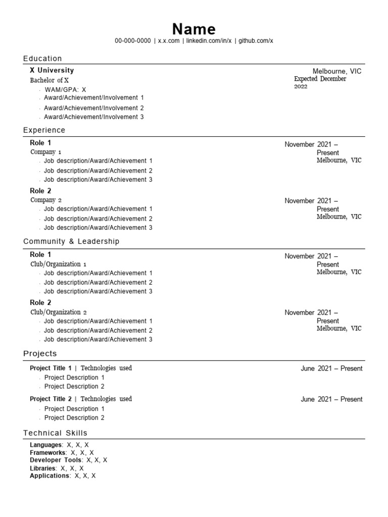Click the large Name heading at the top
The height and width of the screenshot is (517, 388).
[x=194, y=29]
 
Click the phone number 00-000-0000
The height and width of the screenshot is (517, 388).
[x=132, y=41]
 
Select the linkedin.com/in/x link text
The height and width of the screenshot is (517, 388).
[x=209, y=41]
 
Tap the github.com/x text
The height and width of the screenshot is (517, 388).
[x=256, y=41]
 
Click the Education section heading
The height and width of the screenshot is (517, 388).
[x=42, y=59]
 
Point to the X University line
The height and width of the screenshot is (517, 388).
[x=52, y=71]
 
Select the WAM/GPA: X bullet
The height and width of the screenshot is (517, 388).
[x=65, y=89]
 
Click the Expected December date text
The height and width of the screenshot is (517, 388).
[x=320, y=79]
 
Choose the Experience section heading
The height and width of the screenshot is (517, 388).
[x=44, y=130]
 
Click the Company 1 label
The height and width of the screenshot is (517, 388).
[x=45, y=152]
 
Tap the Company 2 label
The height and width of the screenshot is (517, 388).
[x=45, y=200]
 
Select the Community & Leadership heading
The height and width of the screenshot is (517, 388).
[x=71, y=242]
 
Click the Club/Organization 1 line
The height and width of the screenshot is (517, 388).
[x=58, y=264]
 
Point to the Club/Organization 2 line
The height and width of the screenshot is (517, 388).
[x=58, y=312]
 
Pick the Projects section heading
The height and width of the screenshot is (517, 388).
[x=40, y=353]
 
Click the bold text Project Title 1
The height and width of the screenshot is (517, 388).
[x=51, y=368]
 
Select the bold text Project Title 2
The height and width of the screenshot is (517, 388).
[x=51, y=399]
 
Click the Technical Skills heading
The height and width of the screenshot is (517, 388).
[x=55, y=433]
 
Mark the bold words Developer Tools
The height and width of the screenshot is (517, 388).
[x=56, y=460]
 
